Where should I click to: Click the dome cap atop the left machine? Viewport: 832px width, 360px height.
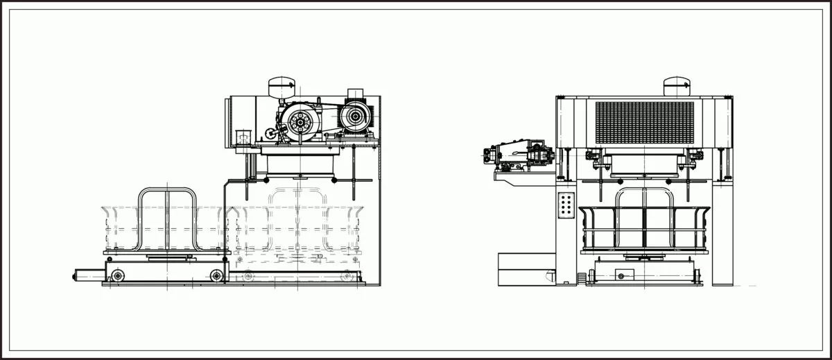click(283, 87)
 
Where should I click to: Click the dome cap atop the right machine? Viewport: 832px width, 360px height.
click(677, 86)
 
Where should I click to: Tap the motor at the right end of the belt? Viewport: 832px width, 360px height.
click(356, 117)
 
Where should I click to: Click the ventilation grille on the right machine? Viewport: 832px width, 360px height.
click(644, 123)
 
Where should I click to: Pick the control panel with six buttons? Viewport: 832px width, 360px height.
click(566, 205)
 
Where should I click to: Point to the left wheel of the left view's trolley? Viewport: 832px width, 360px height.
click(117, 276)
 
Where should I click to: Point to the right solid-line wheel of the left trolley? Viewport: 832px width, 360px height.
click(217, 276)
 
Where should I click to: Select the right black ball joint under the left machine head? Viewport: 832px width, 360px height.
click(334, 180)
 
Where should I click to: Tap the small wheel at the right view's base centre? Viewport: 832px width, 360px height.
click(621, 276)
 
